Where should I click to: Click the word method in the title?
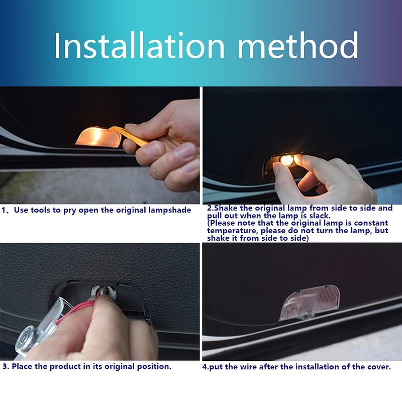click(x=298, y=46)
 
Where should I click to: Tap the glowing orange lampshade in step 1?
click(x=98, y=137)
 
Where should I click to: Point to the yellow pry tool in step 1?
click(x=128, y=135)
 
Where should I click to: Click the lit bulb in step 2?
click(x=286, y=160)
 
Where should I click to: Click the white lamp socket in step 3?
click(x=104, y=292)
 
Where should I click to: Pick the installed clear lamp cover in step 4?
click(x=310, y=303)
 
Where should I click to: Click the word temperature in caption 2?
click(x=233, y=231)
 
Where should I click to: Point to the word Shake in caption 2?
click(x=226, y=208)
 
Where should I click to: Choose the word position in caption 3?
click(x=154, y=367)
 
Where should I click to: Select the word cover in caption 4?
click(x=379, y=367)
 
